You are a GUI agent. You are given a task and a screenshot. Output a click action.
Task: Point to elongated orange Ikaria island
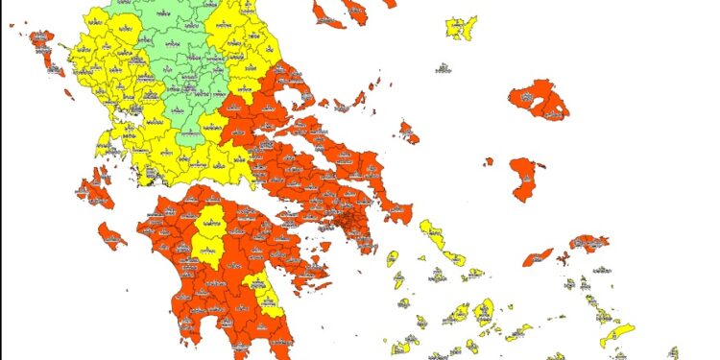(x=539, y=257)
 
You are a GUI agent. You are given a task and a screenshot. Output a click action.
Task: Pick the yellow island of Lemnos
(x=462, y=28)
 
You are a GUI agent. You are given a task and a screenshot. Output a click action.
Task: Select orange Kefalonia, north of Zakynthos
(x=95, y=186)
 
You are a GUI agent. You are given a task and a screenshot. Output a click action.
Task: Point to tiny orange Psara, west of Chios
(x=488, y=161)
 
